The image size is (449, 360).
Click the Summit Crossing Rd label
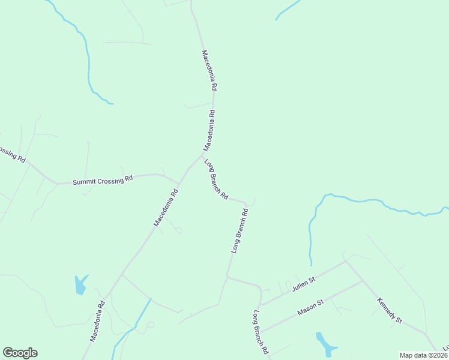click(103, 181)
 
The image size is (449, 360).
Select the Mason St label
click(310, 308)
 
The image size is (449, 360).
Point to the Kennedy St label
click(389, 310)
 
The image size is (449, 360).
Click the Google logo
click(20, 353)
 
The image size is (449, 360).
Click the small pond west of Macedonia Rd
click(80, 284)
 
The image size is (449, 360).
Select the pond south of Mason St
click(326, 343)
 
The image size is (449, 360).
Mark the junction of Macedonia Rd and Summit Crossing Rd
click(179, 182)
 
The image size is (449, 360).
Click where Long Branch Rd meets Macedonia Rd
click(203, 155)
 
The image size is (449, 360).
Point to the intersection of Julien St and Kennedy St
click(346, 261)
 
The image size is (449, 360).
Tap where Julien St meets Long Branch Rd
click(261, 304)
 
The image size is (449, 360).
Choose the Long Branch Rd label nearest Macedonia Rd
click(216, 179)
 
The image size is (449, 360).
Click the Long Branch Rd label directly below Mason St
click(260, 332)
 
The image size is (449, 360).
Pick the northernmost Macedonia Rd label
click(209, 70)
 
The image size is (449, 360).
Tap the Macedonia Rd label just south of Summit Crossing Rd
click(166, 208)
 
